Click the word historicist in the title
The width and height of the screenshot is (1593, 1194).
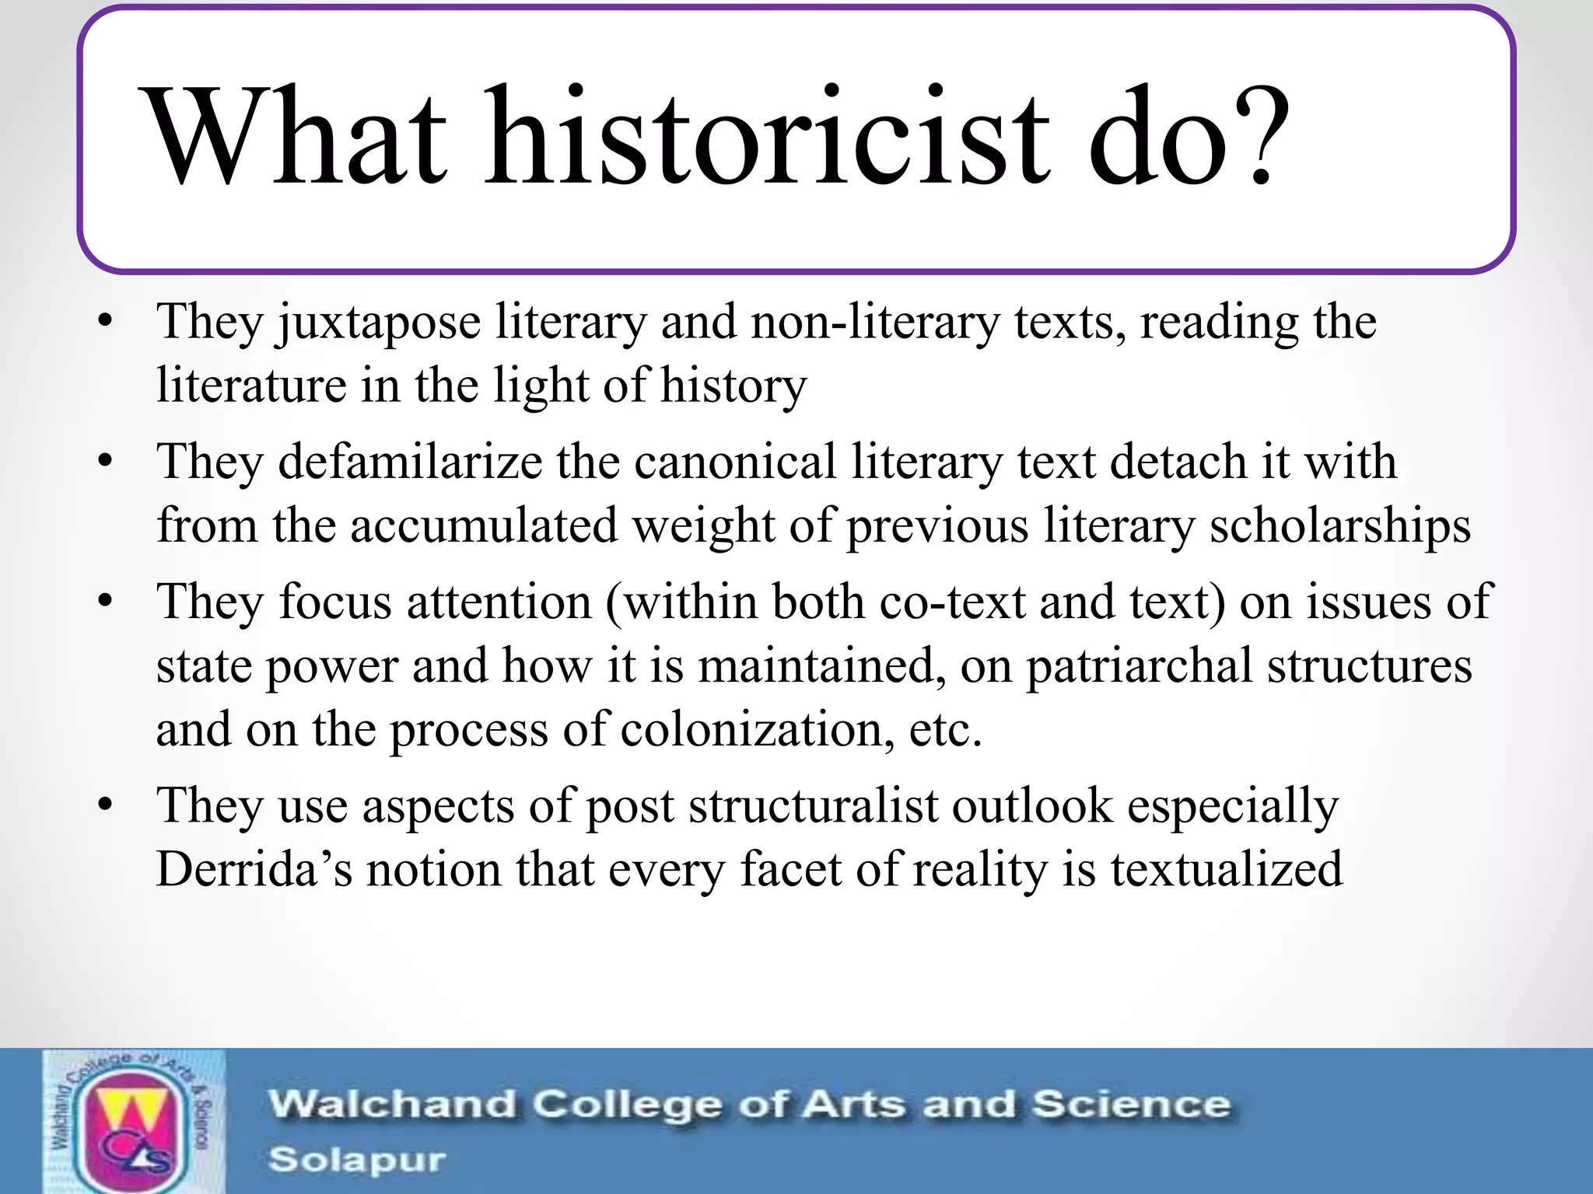(766, 138)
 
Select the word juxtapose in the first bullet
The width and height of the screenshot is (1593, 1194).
(379, 323)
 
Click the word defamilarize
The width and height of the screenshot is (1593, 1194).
(411, 462)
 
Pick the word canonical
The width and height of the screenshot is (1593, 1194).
(735, 462)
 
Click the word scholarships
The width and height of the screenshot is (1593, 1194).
(1339, 526)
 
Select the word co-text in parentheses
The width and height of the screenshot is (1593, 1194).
(953, 602)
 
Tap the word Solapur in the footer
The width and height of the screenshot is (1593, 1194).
(357, 1160)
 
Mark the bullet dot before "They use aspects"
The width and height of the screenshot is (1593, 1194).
(106, 804)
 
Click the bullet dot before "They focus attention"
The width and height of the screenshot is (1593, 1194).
(106, 601)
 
